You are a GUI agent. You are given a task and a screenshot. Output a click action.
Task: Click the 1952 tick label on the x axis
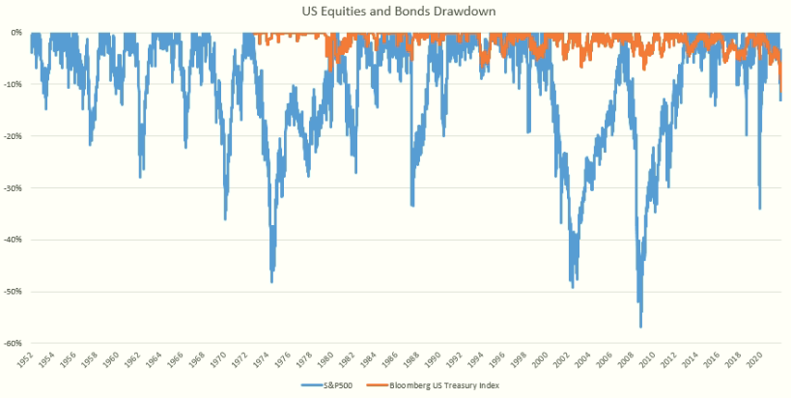click(29, 359)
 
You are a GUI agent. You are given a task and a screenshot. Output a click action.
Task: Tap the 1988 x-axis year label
click(413, 359)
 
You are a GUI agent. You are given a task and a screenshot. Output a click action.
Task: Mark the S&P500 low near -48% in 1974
click(271, 281)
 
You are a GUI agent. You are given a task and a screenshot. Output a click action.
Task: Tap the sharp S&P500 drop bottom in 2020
click(760, 208)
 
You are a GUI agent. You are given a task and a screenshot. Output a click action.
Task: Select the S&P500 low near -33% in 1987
click(412, 206)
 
